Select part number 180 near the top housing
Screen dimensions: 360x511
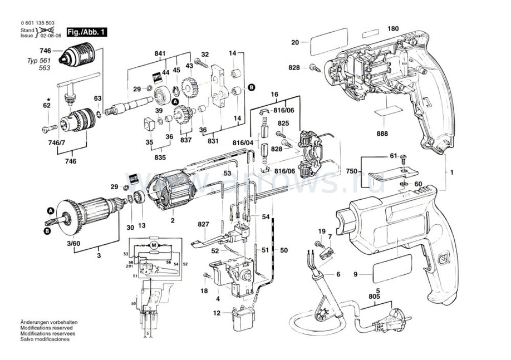tap(393, 28)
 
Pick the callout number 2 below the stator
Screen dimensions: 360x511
tap(173, 221)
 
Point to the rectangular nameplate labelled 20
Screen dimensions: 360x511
tap(322, 43)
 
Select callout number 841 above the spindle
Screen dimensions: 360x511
tap(160, 53)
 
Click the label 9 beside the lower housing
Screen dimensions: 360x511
tap(356, 273)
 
